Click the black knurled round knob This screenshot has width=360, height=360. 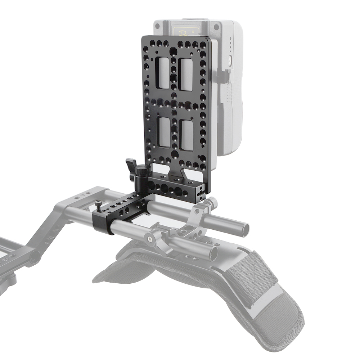(x=142, y=170)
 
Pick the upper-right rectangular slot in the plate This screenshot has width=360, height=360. (x=186, y=74)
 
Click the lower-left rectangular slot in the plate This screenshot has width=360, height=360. (x=165, y=132)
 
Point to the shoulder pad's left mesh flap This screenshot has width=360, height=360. (x=119, y=266)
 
